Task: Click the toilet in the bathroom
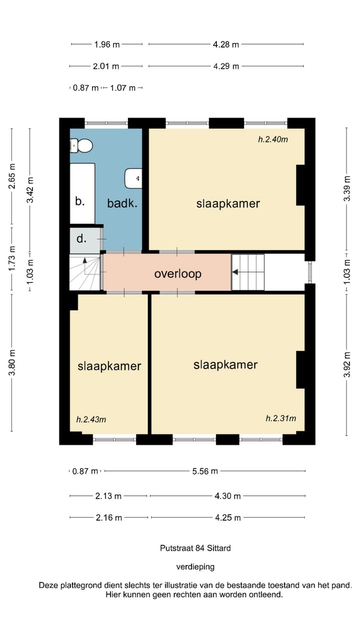tap(81, 145)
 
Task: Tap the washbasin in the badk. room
tap(133, 178)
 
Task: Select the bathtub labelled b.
tap(82, 193)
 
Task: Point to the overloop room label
tap(177, 273)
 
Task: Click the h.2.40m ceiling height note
tap(273, 139)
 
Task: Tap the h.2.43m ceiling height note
tap(91, 419)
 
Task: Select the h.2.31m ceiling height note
tap(281, 418)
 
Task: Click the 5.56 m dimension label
tap(205, 471)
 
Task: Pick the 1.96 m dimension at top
tap(107, 44)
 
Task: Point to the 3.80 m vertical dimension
tap(11, 362)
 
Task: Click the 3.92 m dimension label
tap(346, 364)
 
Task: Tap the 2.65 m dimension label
tap(11, 176)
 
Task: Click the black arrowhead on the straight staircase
tap(235, 272)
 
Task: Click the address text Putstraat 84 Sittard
tap(195, 548)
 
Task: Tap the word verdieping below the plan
tap(195, 566)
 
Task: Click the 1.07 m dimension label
tap(122, 87)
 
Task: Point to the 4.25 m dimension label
tap(227, 517)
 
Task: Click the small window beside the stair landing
tap(310, 272)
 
